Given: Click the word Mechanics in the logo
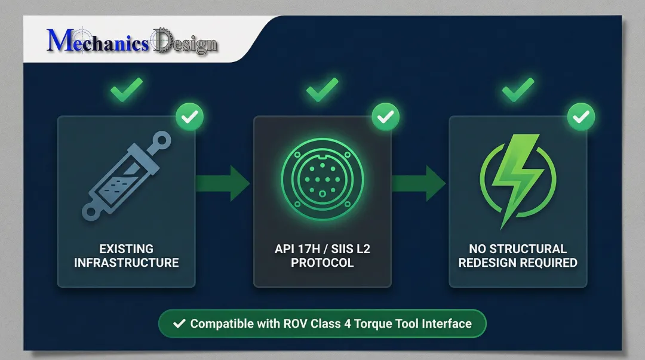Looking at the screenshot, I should (x=97, y=42).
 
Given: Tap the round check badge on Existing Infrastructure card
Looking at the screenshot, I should (x=189, y=117).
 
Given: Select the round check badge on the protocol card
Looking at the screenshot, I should (x=385, y=117).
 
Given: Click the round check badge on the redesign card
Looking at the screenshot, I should (x=580, y=117).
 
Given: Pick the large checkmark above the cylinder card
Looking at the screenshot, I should (x=127, y=90).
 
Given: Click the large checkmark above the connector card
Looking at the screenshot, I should (x=322, y=90).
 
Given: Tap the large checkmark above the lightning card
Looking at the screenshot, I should (x=518, y=90).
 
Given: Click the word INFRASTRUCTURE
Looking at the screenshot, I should (x=126, y=263).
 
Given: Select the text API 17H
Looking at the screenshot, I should (x=294, y=249).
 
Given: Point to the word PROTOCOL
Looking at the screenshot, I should (x=322, y=263).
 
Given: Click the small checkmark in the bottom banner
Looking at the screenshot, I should (x=179, y=324).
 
